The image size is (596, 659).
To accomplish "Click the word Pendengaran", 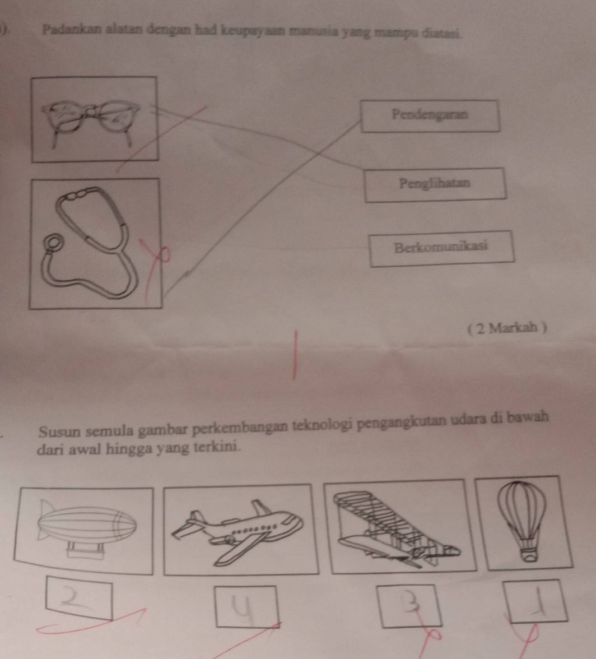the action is click(430, 114).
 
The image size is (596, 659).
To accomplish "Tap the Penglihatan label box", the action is click(435, 184).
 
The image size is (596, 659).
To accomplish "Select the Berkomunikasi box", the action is click(441, 248).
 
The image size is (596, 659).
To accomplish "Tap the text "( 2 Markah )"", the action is click(507, 327).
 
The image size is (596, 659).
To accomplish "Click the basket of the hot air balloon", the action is click(529, 555).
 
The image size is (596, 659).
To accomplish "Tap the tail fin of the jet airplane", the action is click(261, 506).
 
